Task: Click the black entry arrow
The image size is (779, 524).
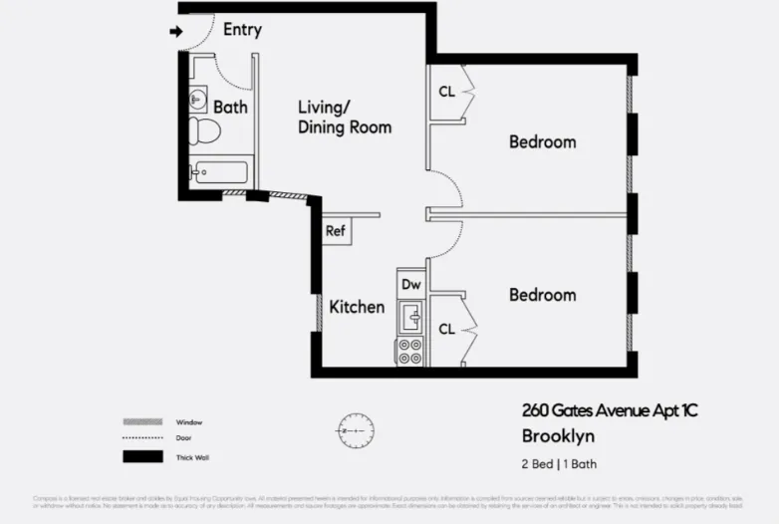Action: (177, 32)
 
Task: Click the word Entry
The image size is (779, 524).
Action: (242, 29)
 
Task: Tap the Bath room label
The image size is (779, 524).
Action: (230, 107)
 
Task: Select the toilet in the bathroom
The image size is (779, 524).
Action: (204, 131)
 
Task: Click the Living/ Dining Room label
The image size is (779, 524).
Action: (345, 117)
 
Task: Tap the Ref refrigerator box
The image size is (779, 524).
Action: (336, 232)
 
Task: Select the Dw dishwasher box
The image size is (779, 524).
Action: (410, 285)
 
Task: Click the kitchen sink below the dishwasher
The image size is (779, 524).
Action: (410, 318)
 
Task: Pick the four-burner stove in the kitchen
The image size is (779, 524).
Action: (409, 351)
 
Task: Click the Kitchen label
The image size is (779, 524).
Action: (357, 307)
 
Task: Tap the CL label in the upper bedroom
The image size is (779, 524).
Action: (446, 92)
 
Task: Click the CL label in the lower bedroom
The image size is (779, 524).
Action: (446, 329)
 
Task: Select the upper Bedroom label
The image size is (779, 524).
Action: (542, 141)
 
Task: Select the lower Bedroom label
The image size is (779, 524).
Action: (542, 295)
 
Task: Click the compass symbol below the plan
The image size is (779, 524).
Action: (356, 430)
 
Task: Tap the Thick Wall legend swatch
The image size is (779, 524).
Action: (141, 457)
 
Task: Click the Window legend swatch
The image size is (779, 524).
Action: (141, 421)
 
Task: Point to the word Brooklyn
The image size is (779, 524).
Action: (558, 436)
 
